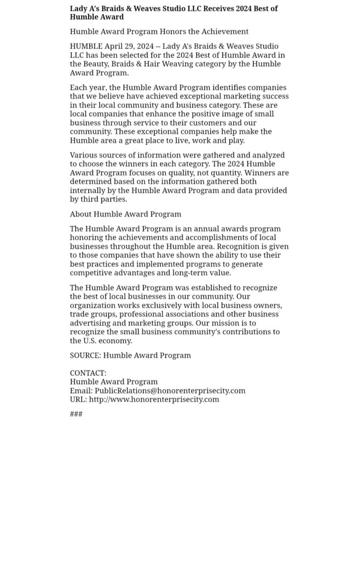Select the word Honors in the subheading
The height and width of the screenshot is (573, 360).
point(173,31)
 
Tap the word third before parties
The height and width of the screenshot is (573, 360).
point(90,199)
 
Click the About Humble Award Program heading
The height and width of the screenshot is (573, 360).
point(125,214)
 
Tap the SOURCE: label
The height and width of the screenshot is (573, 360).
point(85,355)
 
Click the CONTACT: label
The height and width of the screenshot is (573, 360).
point(88,373)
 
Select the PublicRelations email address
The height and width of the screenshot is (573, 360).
point(170,390)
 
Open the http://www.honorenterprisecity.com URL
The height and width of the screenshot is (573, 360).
point(154,399)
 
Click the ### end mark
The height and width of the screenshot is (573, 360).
point(76,414)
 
